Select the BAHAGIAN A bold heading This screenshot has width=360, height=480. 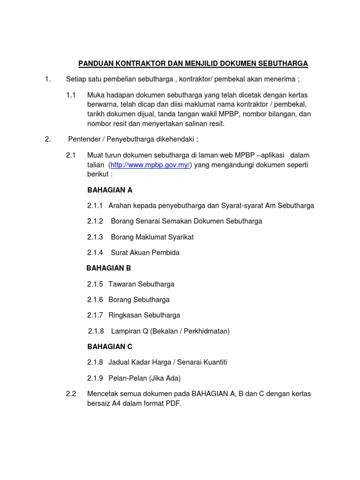tap(110, 190)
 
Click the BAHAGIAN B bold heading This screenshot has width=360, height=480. tap(109, 268)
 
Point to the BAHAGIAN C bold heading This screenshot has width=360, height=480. tap(110, 346)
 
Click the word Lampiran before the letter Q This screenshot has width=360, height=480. tap(127, 331)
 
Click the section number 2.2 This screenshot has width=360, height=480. tap(71, 393)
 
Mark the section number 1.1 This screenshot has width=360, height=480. tap(71, 95)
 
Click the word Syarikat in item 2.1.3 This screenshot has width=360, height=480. tap(180, 237)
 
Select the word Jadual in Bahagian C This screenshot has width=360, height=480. tap(120, 362)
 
